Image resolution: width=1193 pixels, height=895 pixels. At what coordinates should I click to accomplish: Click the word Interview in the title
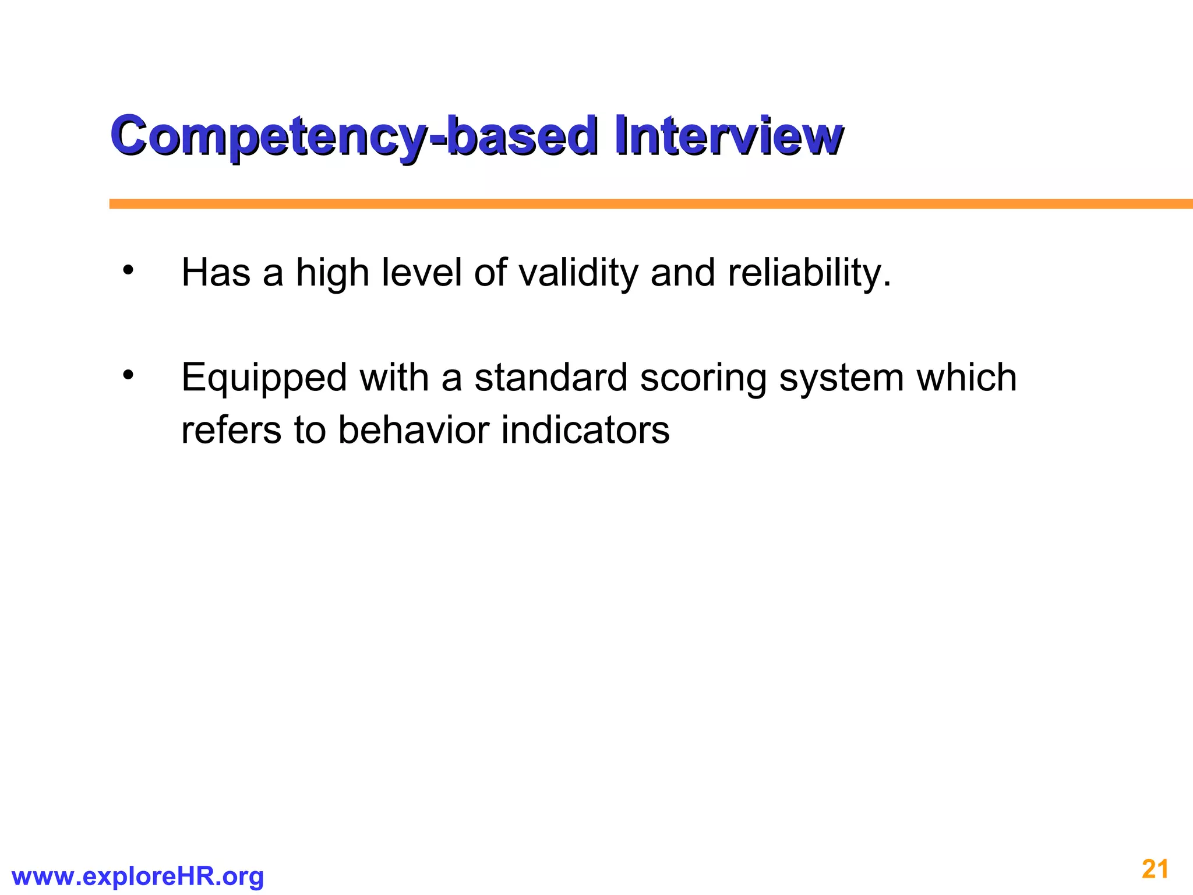pyautogui.click(x=728, y=136)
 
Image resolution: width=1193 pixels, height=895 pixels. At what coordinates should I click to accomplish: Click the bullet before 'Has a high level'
pyautogui.click(x=128, y=271)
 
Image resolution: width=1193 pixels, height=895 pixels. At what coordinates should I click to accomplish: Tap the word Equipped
pyautogui.click(x=264, y=379)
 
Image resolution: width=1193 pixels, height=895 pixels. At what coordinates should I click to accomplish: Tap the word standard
pyautogui.click(x=551, y=378)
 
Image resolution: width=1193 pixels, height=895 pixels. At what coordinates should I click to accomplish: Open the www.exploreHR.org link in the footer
pyautogui.click(x=138, y=876)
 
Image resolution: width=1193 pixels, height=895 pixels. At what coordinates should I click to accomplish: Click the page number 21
pyautogui.click(x=1155, y=869)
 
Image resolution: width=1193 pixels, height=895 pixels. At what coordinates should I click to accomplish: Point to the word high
pyautogui.click(x=333, y=273)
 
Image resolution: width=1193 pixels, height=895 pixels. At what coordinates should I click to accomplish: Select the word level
pyautogui.click(x=421, y=273)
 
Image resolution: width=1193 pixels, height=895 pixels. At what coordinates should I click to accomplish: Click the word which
pyautogui.click(x=966, y=378)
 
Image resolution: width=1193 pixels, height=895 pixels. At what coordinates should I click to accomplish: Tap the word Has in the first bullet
pyautogui.click(x=216, y=273)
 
